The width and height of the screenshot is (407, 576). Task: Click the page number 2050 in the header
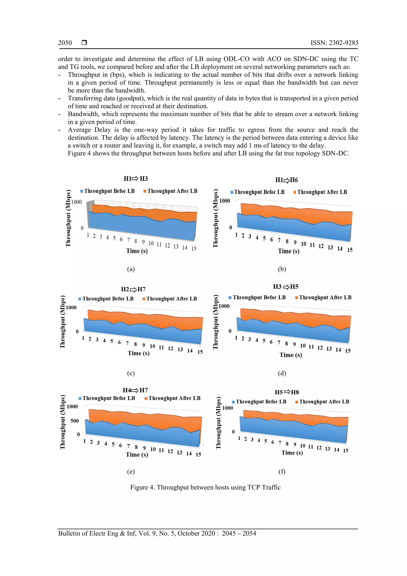coord(65,43)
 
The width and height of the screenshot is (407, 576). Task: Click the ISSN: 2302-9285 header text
coord(334,43)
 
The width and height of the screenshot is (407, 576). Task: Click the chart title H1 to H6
coord(286,180)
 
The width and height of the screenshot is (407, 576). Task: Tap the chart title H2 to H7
coord(133,289)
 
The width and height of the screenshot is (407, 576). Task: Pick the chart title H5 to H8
coord(287,392)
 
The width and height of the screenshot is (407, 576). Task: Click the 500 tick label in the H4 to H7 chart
coord(75,421)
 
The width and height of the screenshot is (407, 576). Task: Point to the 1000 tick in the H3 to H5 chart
coord(224,306)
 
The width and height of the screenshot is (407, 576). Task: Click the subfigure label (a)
coord(131,269)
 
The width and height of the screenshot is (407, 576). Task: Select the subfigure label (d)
coord(282,373)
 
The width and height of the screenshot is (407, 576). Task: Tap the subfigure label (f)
coord(282,472)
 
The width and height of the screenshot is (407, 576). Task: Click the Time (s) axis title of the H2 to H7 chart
coord(139,353)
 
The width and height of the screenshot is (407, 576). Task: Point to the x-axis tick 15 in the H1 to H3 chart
coord(194,249)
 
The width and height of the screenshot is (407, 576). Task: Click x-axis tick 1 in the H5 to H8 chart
coord(239,438)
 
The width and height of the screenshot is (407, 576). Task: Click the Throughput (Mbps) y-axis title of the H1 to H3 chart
coord(68,218)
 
